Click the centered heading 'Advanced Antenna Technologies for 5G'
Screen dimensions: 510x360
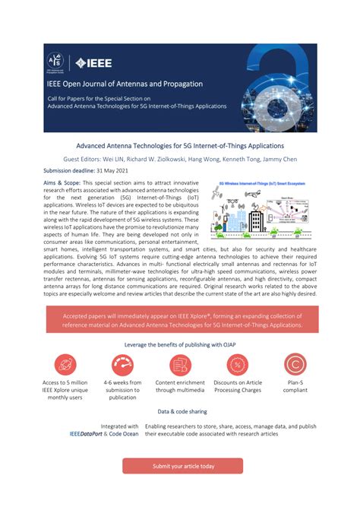pos(180,145)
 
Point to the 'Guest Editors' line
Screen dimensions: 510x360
pos(180,159)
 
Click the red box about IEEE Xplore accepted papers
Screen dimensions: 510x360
pos(180,320)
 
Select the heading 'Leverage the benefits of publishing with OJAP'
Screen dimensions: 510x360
pos(180,344)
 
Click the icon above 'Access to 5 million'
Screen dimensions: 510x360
pos(65,365)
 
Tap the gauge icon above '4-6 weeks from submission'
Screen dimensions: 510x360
pos(122,365)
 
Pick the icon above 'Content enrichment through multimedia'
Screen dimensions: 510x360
pos(179,365)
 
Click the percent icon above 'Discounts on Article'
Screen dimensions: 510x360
pos(237,365)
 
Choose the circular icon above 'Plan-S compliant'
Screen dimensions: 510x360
pos(295,365)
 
